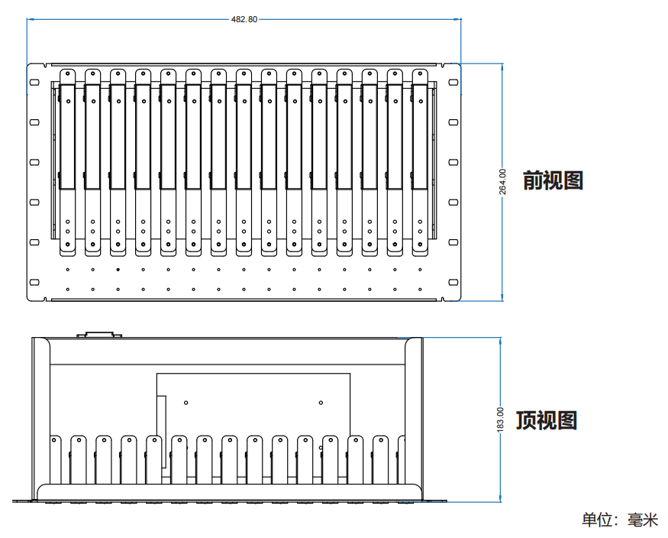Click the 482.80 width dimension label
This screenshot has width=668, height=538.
pos(244,19)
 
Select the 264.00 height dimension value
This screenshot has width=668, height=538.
pos(502,182)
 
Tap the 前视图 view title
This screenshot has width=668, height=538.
pos(553,181)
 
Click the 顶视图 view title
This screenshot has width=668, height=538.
pos(547,420)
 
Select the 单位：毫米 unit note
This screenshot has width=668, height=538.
pos(619,520)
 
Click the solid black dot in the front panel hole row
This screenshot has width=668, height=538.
pos(118,269)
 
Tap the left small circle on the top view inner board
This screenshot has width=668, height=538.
pos(186,402)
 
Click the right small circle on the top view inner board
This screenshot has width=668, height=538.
pos(321,402)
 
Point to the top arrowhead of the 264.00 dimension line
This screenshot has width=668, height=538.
pos(502,66)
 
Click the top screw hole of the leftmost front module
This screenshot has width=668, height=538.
pos(67,74)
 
